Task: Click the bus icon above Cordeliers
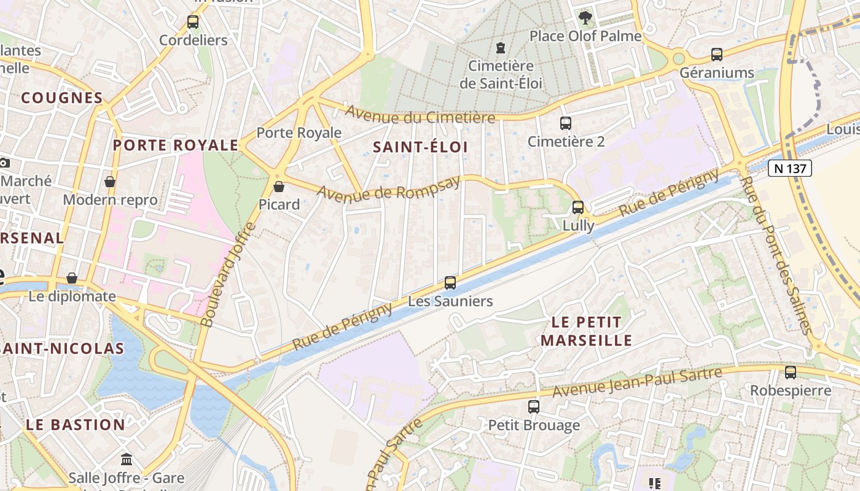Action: coord(193,22)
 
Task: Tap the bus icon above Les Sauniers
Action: coord(450,283)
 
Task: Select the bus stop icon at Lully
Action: coord(578,207)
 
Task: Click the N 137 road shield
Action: coord(790,168)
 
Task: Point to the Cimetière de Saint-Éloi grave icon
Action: coord(501,47)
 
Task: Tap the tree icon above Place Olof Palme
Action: coord(585,18)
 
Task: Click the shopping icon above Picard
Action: coord(279,186)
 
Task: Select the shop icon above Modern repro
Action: coord(110,182)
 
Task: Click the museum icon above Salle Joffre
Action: coord(127,459)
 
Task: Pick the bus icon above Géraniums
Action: coord(716,55)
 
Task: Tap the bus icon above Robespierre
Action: coord(791,372)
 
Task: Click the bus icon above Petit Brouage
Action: coord(534,406)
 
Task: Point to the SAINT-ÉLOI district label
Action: coord(420,147)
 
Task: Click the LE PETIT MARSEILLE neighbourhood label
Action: coord(586,331)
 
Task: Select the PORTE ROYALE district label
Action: coord(176,145)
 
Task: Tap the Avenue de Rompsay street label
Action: coord(388,188)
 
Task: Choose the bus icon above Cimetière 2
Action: coord(566,123)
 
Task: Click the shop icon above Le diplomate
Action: coord(72,278)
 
